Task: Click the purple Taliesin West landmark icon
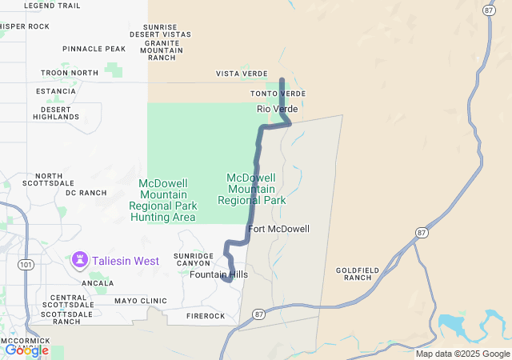point(80,260)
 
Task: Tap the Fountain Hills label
point(218,274)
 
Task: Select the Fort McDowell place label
point(278,229)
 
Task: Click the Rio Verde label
point(277,109)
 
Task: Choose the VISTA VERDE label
point(242,74)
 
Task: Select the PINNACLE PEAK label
point(94,49)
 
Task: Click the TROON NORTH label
point(70,73)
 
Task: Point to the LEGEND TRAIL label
point(53,6)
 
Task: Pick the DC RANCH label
point(86,193)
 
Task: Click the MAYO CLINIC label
point(141,301)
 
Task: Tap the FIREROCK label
point(206,316)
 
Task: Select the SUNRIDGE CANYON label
point(194,259)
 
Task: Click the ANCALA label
point(97,283)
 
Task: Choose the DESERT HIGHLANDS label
point(56,113)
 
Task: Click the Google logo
point(26,350)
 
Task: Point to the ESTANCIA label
point(56,91)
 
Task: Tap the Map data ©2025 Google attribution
point(462,354)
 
